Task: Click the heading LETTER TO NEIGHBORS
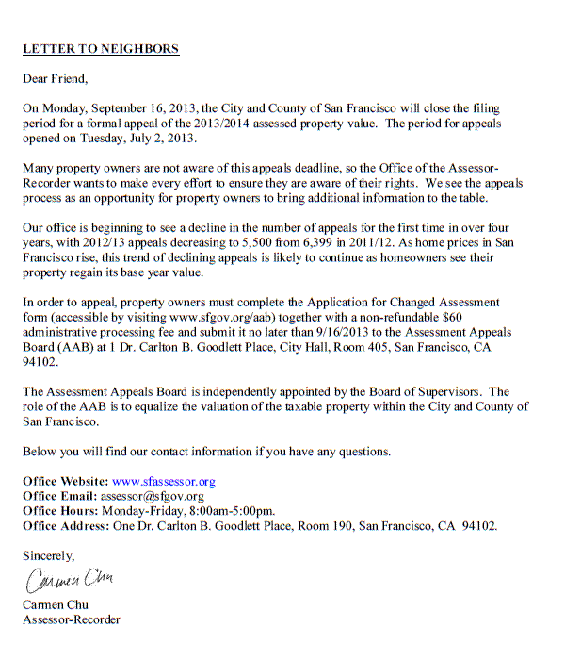(x=101, y=48)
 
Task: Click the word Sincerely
(x=49, y=556)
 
